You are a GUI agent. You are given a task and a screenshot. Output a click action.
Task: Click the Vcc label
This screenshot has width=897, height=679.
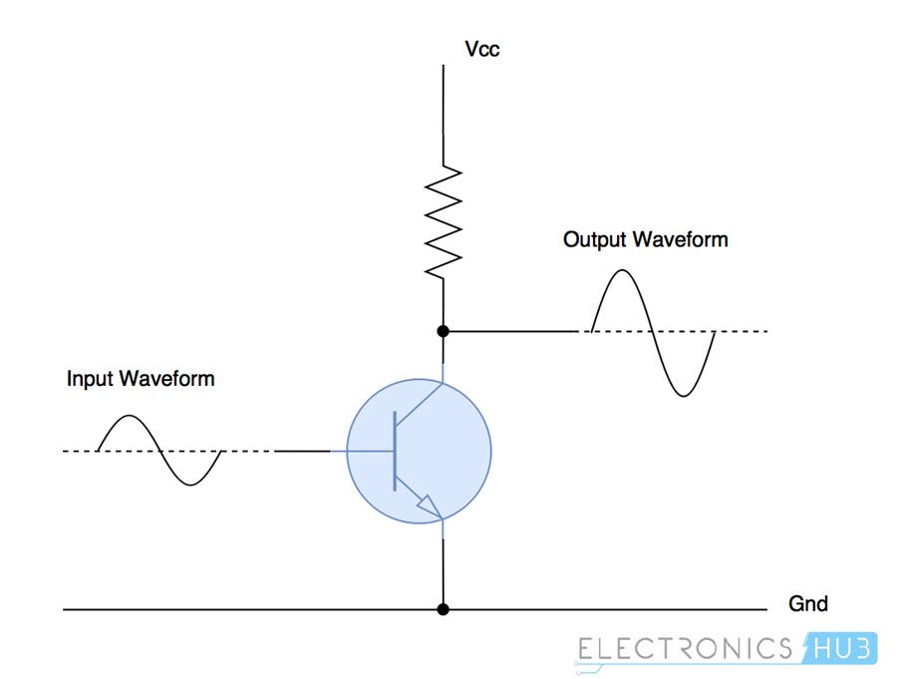pos(482,48)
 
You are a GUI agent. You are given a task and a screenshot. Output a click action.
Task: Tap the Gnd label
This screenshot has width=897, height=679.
pos(807,604)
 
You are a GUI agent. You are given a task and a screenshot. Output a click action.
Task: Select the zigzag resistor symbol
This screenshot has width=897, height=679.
pos(444,220)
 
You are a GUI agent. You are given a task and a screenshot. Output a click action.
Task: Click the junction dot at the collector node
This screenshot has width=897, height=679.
pos(444,330)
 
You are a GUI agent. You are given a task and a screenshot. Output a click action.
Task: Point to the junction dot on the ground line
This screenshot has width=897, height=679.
pos(444,608)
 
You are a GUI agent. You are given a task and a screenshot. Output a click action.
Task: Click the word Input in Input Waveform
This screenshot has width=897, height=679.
pos(90,379)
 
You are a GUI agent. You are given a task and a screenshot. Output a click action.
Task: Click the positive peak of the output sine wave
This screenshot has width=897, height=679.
pos(623,271)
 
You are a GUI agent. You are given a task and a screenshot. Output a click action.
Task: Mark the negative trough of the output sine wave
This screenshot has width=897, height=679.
pos(683,396)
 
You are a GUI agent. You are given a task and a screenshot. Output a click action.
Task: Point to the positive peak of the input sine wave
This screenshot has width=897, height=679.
pos(129,418)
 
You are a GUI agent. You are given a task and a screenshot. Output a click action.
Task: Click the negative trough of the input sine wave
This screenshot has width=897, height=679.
pos(190,485)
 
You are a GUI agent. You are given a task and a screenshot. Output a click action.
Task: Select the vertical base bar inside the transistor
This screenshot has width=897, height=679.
pos(396,451)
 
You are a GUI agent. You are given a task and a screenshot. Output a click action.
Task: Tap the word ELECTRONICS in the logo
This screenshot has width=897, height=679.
pos(686,649)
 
